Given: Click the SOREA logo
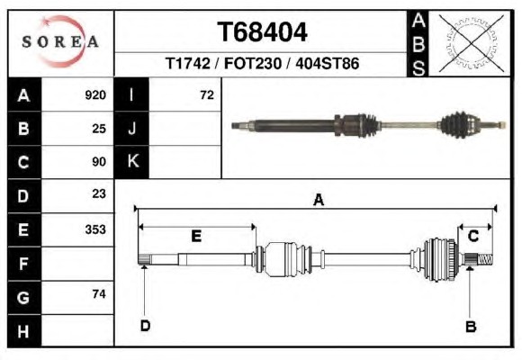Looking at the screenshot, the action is [x=60, y=41].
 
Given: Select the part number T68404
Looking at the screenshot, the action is [x=262, y=32].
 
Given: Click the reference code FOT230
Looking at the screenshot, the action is [x=253, y=63].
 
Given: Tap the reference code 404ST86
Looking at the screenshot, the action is [x=328, y=63].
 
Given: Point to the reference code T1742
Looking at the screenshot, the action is [x=188, y=63].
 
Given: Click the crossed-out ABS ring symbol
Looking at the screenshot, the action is [x=471, y=43].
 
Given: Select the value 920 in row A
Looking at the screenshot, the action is [x=95, y=95].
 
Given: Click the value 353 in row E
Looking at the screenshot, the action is [x=95, y=229].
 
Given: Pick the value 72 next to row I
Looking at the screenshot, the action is [x=207, y=95].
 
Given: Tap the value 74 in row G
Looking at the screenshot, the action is [x=99, y=294].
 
